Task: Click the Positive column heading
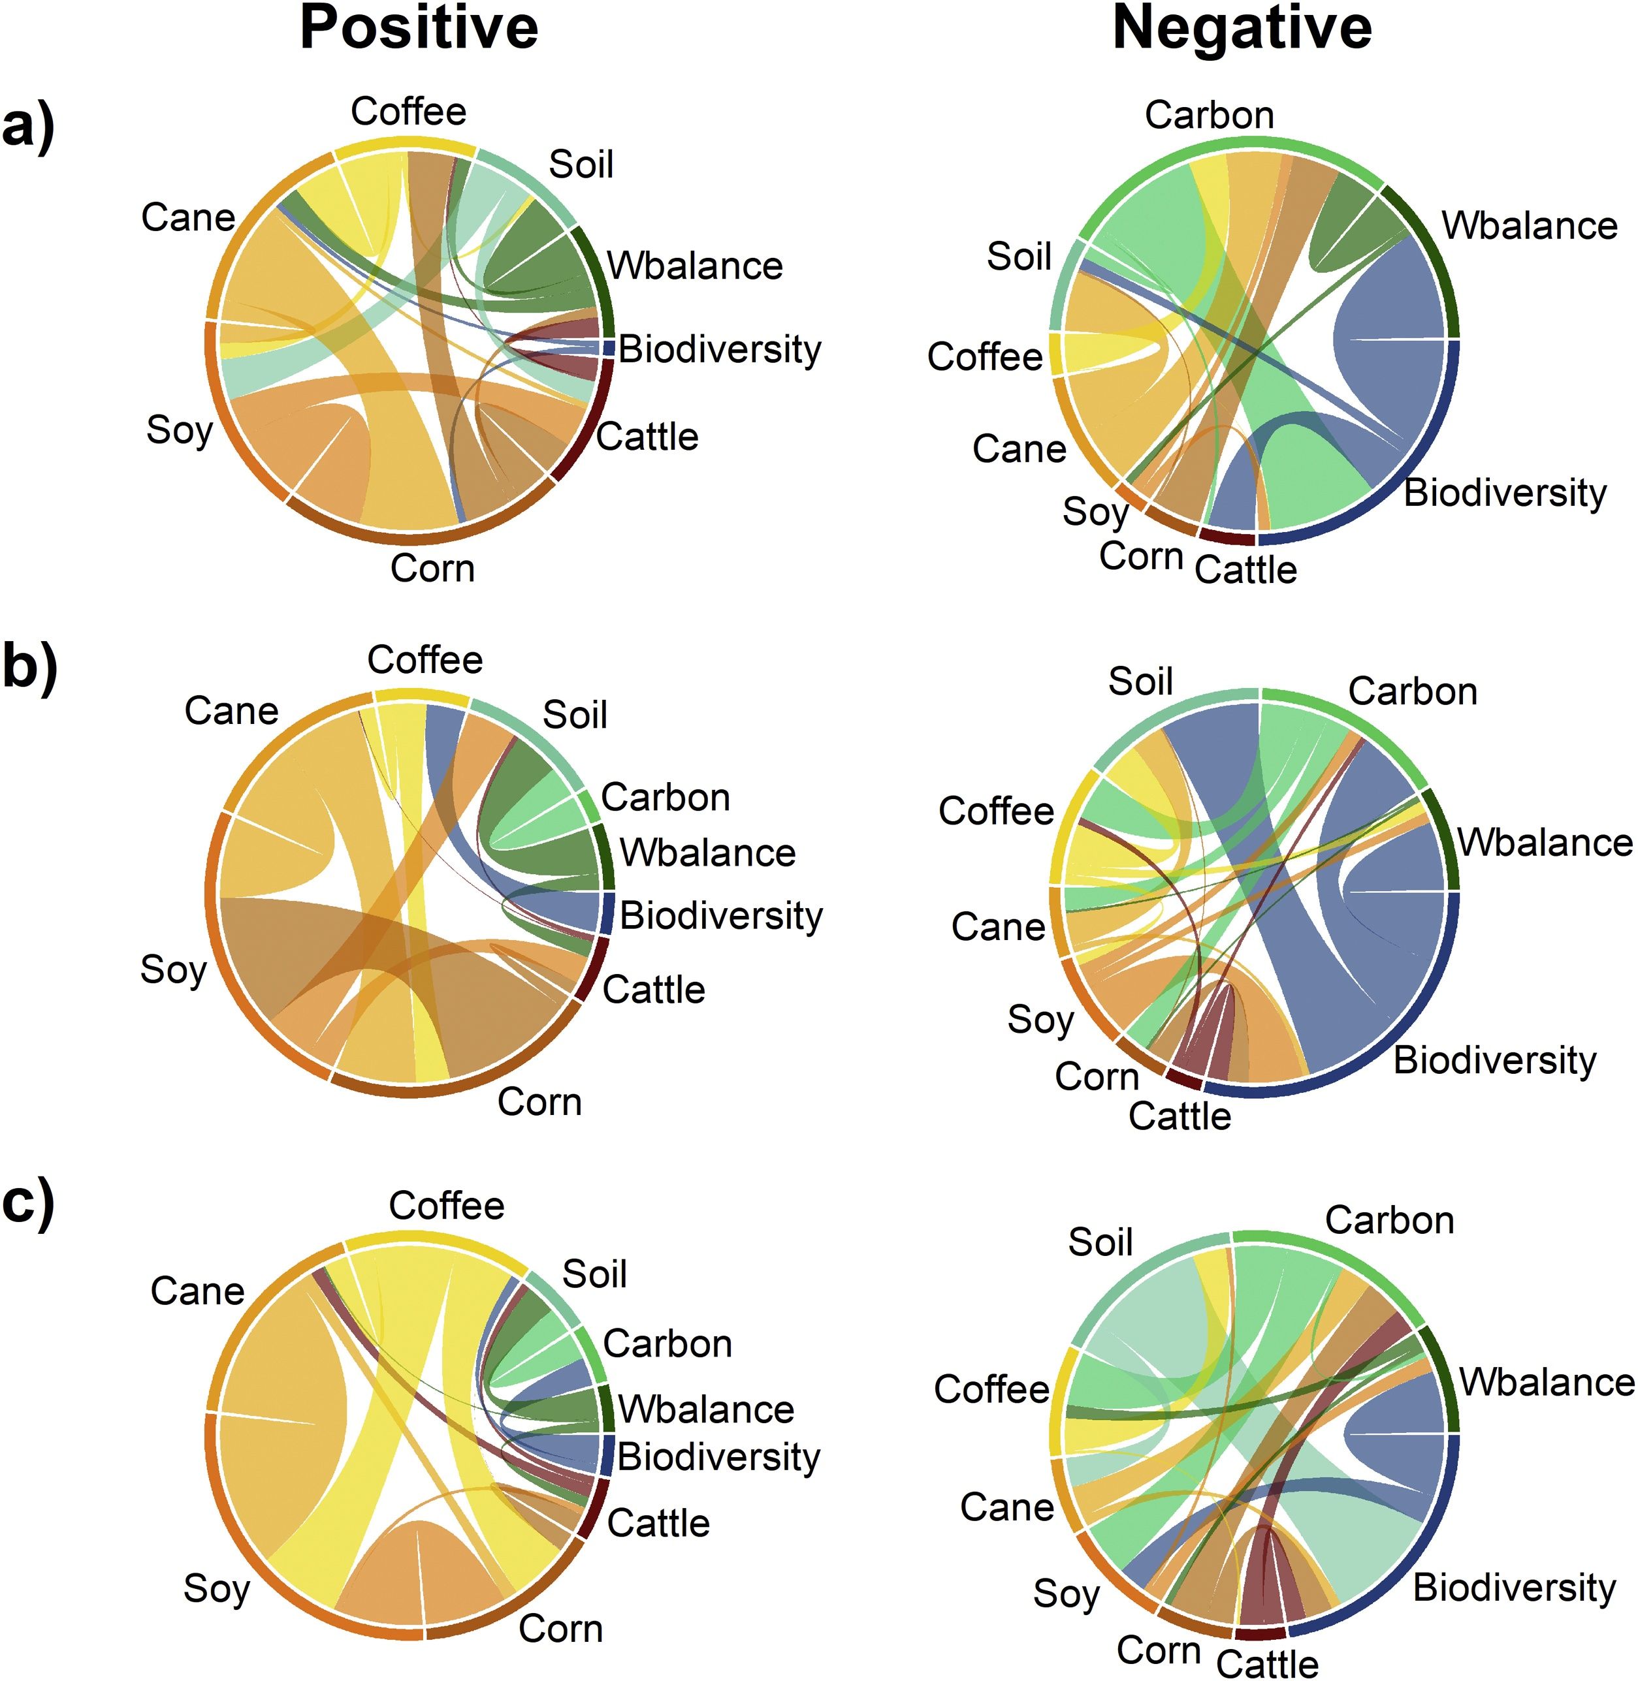[x=419, y=28]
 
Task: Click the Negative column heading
[x=1242, y=28]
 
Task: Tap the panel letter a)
[x=27, y=127]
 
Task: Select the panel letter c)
[x=27, y=1202]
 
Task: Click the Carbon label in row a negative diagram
[x=1209, y=115]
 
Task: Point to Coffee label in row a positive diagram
[x=409, y=112]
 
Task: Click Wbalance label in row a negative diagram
[x=1530, y=226]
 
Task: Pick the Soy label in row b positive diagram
[x=174, y=971]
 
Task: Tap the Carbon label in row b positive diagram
[x=665, y=798]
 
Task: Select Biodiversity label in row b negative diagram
[x=1494, y=1060]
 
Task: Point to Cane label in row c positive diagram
[x=197, y=1291]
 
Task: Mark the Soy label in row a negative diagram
[x=1095, y=512]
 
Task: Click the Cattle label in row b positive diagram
[x=654, y=990]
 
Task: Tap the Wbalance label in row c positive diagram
[x=706, y=1409]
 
